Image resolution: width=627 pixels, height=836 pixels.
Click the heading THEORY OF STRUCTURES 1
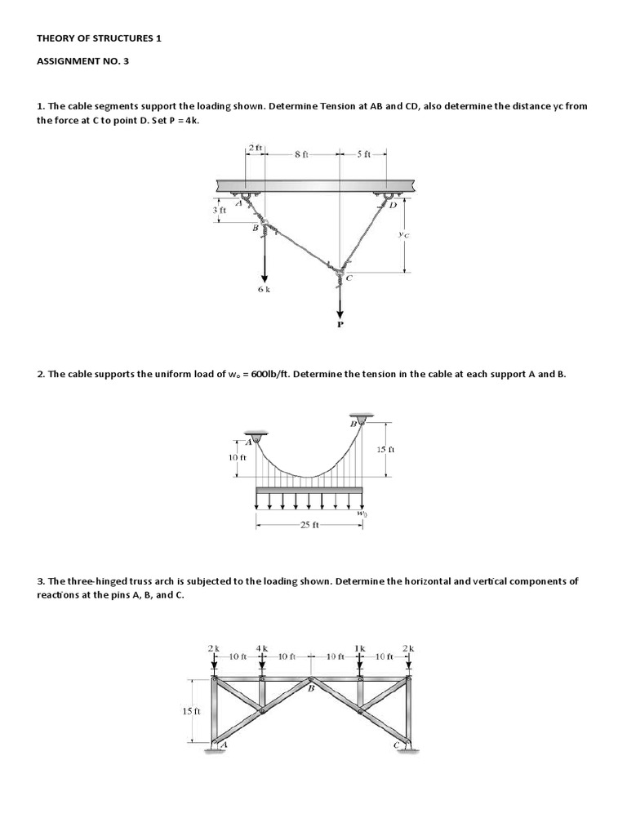pyautogui.click(x=100, y=38)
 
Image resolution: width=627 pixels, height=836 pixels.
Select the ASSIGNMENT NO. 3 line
pyautogui.click(x=83, y=60)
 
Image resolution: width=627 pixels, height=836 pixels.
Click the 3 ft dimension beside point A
pyautogui.click(x=219, y=210)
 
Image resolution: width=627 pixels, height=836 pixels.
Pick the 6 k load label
pyautogui.click(x=263, y=291)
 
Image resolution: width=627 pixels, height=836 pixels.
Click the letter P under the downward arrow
pyautogui.click(x=341, y=324)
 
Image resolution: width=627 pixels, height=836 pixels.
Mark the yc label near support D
pyautogui.click(x=403, y=233)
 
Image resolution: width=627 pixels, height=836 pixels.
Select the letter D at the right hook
pyautogui.click(x=393, y=205)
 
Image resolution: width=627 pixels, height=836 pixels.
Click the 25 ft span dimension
pyautogui.click(x=309, y=526)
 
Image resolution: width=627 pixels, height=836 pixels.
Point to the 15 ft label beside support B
pyautogui.click(x=385, y=449)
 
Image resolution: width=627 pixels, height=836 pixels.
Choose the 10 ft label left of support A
pyautogui.click(x=237, y=457)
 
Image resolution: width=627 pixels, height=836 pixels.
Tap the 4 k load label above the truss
pyautogui.click(x=262, y=647)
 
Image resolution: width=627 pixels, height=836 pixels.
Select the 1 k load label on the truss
pyautogui.click(x=359, y=647)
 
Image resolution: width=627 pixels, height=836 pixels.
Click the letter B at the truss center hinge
pyautogui.click(x=310, y=688)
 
